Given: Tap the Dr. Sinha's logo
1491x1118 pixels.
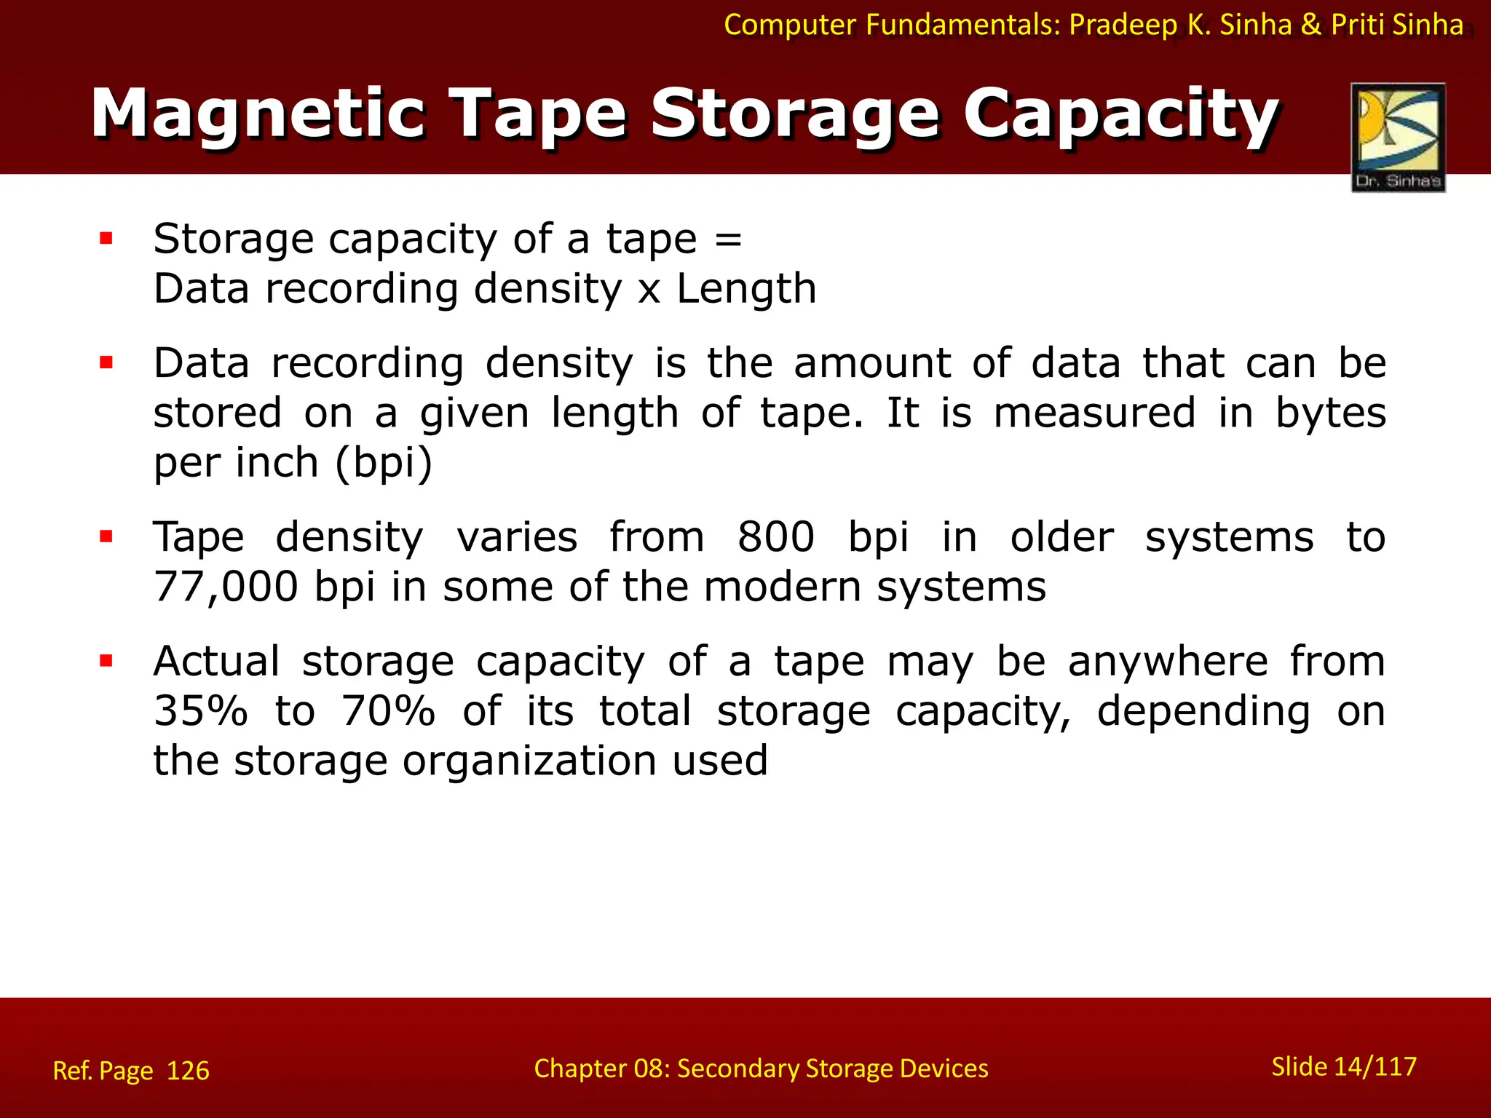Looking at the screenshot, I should (1398, 137).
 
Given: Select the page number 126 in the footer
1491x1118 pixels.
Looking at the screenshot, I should (188, 1071).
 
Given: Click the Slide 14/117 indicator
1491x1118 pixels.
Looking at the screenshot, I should (1344, 1066).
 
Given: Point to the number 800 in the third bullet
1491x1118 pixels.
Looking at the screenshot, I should (775, 537).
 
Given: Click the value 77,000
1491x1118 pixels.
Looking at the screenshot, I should (226, 587).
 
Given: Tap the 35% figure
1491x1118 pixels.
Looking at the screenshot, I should (201, 711).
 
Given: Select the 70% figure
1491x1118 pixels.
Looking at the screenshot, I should (388, 711).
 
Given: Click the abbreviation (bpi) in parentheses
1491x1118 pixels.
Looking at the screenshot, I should (384, 463).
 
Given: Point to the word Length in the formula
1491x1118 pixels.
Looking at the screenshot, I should (746, 289).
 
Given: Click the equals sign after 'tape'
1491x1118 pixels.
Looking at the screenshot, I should (728, 239).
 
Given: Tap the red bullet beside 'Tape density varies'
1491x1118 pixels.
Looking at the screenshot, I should (106, 537).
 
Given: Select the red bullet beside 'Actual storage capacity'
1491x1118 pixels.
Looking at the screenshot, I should (106, 661).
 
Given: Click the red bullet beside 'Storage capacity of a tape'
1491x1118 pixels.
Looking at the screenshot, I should (106, 238).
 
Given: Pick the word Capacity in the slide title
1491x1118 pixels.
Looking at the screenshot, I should (1121, 115).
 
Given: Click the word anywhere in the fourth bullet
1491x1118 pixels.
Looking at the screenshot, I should (1168, 662).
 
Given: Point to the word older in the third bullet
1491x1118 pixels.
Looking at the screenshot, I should (1061, 537).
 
